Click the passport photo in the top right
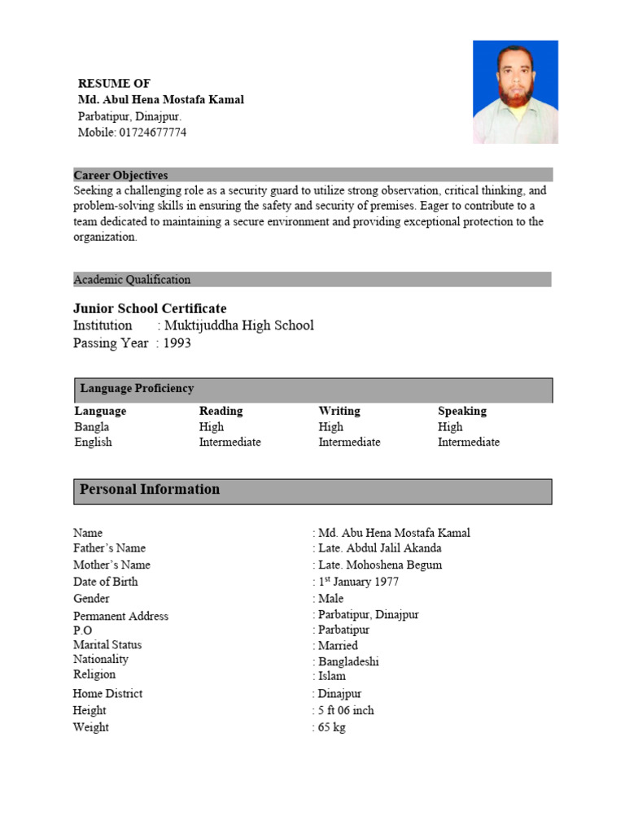point(515,92)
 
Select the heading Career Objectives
point(120,175)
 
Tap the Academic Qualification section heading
point(132,280)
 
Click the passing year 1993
point(177,343)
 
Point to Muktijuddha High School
point(238,325)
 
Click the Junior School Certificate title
point(150,308)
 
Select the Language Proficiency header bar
point(313,390)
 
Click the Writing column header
point(339,411)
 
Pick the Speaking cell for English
point(469,443)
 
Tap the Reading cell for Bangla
point(211,427)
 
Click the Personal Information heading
point(150,490)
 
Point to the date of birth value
point(358,582)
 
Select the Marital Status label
point(107,645)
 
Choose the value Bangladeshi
point(348,661)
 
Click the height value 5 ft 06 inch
point(346,710)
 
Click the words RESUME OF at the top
point(114,83)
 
